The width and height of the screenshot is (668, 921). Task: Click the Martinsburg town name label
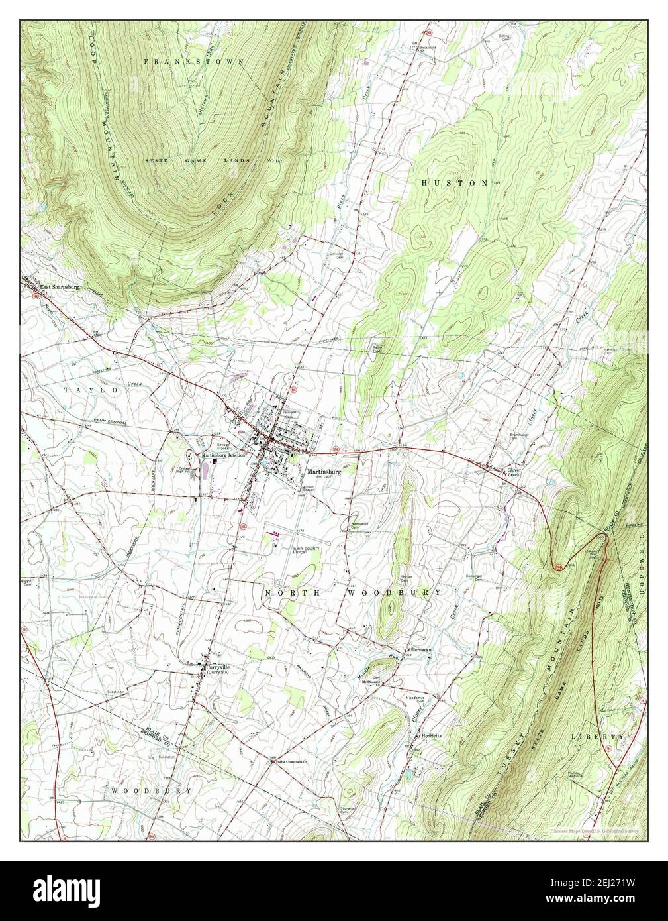[x=342, y=471]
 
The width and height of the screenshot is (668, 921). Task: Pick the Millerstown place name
[x=418, y=650]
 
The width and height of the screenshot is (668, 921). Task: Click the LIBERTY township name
[x=598, y=737]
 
